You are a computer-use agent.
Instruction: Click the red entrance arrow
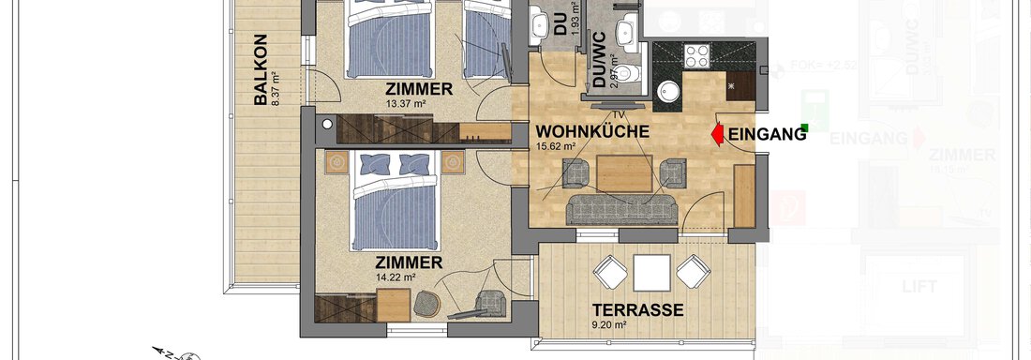(x=715, y=135)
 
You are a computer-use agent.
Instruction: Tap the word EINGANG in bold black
(x=767, y=135)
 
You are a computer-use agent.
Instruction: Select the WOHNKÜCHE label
(x=592, y=132)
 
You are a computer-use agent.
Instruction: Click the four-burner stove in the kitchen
(x=699, y=57)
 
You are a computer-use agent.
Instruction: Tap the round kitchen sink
(x=669, y=91)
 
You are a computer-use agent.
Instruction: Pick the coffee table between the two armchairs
(x=623, y=172)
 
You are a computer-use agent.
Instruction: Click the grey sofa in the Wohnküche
(x=623, y=208)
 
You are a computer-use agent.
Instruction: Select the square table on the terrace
(x=650, y=273)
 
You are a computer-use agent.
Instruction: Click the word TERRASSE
(x=636, y=309)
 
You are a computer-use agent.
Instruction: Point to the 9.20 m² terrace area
(x=609, y=325)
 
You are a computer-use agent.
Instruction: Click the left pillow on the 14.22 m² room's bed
(x=373, y=162)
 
